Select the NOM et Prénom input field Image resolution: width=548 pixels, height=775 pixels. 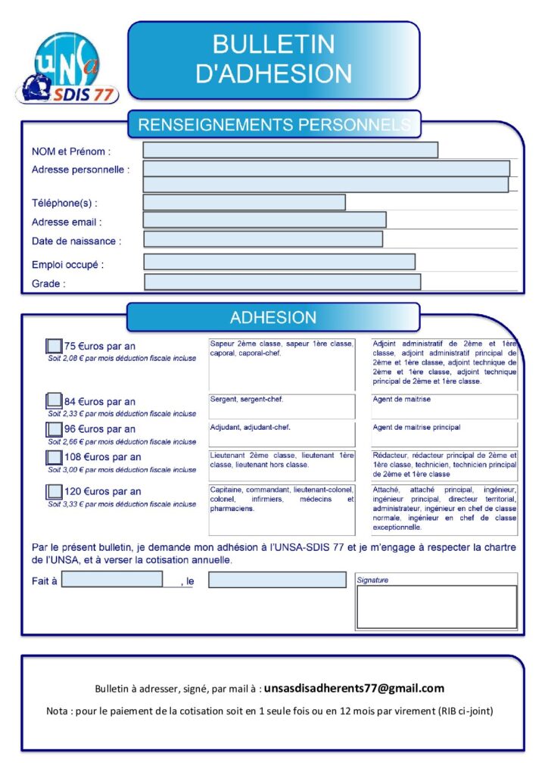290,151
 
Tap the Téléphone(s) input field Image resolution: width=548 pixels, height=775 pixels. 244,202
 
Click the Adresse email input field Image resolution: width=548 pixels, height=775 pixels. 264,219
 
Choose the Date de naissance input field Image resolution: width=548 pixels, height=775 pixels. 263,239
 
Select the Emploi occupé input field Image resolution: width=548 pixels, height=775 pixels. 279,262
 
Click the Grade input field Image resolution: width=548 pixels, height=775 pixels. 282,282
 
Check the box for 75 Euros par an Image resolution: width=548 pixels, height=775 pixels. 54,346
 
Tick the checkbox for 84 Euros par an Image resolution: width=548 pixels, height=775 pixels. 54,400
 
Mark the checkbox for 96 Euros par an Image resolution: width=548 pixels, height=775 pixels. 54,429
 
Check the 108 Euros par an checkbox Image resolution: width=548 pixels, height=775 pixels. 54,457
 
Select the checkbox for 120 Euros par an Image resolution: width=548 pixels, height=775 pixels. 54,491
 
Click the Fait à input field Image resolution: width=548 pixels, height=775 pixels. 112,580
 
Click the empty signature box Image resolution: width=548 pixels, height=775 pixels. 437,607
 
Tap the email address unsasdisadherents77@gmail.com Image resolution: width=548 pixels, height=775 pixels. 354,689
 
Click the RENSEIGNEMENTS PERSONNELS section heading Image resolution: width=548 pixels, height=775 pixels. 274,123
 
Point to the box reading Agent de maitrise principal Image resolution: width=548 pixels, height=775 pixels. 444,434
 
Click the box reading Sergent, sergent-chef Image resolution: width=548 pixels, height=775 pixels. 282,406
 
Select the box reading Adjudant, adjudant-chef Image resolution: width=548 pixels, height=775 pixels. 282,434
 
